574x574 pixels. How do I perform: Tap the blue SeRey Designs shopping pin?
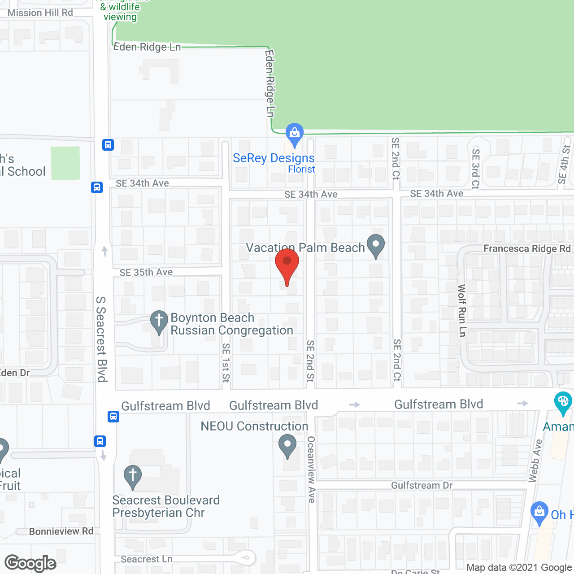point(294,134)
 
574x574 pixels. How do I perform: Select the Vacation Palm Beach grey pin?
point(376,245)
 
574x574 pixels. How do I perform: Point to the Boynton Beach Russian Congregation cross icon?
point(159,321)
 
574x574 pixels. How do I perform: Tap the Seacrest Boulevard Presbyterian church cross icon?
point(133,476)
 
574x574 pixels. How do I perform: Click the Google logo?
point(30,563)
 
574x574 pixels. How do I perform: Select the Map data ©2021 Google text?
point(519,567)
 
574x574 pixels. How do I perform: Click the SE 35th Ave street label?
point(146,272)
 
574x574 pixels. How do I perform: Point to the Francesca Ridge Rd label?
point(527,248)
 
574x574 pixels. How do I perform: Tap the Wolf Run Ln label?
point(462,310)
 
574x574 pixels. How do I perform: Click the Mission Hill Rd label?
point(40,13)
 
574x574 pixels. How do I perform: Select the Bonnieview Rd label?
point(61,531)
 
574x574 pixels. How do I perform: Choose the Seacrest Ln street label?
point(147,559)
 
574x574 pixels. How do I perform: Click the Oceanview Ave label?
point(311,469)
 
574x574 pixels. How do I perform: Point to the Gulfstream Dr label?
point(422,485)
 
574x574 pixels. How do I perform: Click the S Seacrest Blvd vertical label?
point(102,339)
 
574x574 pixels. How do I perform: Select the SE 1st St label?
point(226,362)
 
